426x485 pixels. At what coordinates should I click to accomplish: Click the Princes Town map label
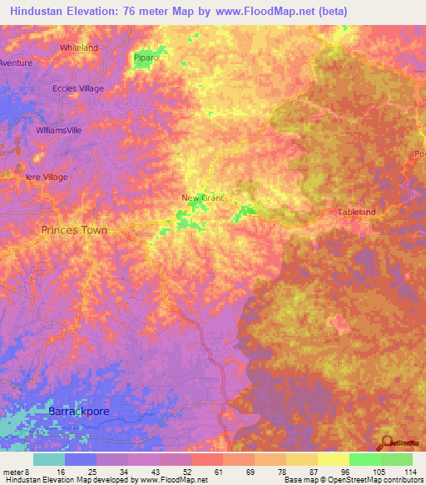pos(74,229)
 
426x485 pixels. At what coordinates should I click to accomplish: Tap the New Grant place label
pos(205,198)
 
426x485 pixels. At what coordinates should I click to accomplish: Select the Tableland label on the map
pos(356,212)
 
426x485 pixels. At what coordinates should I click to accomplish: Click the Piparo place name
pos(146,58)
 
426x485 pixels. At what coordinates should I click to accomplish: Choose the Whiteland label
pos(78,47)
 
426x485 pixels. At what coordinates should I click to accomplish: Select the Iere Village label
pos(47,177)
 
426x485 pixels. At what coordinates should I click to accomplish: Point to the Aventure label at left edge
pos(16,63)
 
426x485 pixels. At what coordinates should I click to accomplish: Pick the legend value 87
pos(305,472)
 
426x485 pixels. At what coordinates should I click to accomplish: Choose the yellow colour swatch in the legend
pos(333,459)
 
